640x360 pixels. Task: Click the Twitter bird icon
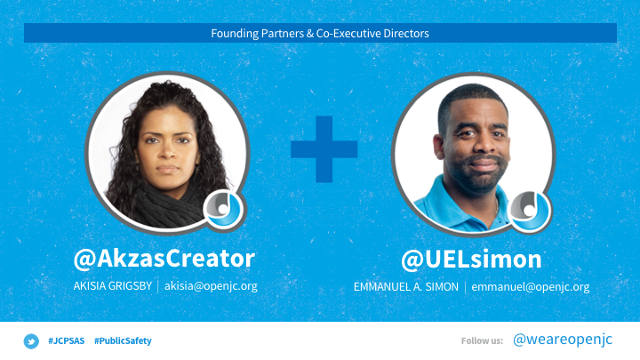pos(31,341)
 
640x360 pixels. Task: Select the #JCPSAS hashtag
pos(67,340)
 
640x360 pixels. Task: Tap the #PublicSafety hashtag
pos(123,340)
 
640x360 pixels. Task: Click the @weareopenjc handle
pos(563,340)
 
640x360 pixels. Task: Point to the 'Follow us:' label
pos(482,340)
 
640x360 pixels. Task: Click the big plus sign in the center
pos(324,149)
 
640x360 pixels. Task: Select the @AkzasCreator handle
pos(164,259)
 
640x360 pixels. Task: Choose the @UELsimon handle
pos(471,260)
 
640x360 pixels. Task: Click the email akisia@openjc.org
pos(211,286)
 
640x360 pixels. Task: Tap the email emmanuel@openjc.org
pos(531,287)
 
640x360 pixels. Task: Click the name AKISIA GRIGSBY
pos(113,285)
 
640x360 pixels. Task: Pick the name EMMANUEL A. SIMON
pos(406,287)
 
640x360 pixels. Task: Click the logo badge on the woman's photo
pos(223,209)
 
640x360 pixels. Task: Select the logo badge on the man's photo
pos(530,211)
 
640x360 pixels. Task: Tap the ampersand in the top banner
pos(310,34)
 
